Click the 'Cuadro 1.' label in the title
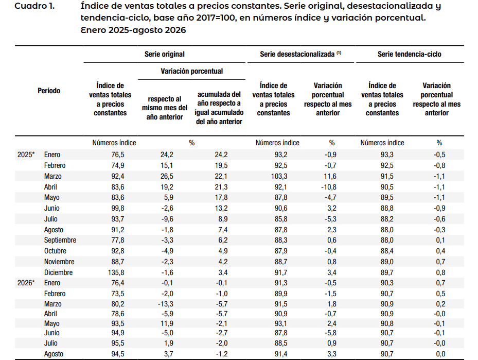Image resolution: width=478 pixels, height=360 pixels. (34, 6)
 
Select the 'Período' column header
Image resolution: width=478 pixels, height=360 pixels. (49, 91)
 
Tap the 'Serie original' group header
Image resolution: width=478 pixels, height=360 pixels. (164, 54)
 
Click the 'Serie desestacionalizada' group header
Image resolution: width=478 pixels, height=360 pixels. (300, 54)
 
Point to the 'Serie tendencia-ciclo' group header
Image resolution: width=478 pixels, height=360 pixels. (410, 54)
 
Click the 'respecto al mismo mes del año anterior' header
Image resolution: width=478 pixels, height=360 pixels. (165, 108)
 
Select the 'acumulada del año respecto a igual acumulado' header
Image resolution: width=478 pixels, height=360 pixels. (219, 108)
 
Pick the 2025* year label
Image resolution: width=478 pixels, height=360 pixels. (26, 155)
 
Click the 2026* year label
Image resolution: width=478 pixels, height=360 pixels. (26, 283)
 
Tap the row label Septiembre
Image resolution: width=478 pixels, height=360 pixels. (60, 240)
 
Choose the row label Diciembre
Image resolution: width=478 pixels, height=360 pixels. (58, 272)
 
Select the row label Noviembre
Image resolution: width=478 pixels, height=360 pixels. (59, 262)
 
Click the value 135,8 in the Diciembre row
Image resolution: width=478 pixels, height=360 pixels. (116, 272)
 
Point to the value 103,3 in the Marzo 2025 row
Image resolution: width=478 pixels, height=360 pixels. (279, 176)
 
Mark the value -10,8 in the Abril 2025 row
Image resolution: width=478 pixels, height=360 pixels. (329, 187)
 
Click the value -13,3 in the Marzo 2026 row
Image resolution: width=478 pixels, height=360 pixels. (166, 304)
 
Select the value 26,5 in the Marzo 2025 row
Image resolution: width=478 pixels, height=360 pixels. (167, 176)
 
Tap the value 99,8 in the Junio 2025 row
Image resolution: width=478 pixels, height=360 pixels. (118, 208)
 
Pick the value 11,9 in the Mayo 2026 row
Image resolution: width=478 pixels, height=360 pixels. (167, 323)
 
